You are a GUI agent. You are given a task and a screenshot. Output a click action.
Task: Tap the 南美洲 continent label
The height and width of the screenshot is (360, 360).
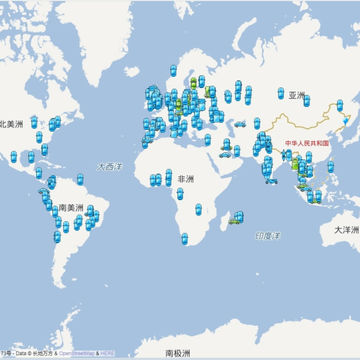coord(70,207)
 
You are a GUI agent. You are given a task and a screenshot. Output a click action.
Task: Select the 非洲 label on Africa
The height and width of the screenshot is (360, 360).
coord(186,179)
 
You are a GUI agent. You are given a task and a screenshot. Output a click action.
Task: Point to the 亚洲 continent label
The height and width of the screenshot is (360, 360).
coord(296,96)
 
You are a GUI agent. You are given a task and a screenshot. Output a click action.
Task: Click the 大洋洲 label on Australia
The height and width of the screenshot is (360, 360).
coord(346,230)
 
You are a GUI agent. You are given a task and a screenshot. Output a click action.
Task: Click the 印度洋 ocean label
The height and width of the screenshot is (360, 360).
coord(268,235)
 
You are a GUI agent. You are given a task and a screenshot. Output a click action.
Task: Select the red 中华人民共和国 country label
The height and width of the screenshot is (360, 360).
coord(306,143)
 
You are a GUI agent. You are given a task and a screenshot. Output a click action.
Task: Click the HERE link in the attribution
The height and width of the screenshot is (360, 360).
coord(107,353)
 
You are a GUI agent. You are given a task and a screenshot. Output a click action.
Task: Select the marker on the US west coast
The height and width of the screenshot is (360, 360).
coord(14,156)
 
